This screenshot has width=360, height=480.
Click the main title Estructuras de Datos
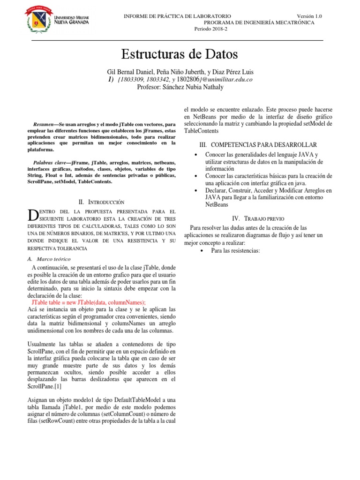180,54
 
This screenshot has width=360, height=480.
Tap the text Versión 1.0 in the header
309,16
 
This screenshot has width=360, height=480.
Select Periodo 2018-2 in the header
210,29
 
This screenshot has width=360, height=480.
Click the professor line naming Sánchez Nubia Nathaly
180,87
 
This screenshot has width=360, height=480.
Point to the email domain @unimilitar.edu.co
227,80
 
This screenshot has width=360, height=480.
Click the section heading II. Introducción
102,202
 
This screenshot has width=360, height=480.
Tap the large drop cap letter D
32,216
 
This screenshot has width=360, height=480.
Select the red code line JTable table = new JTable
89,303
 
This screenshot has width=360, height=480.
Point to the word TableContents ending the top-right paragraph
202,131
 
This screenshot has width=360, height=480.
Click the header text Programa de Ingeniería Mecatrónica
259,22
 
